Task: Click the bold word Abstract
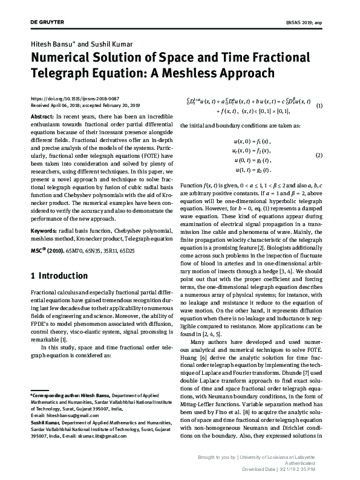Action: (x=42, y=115)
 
